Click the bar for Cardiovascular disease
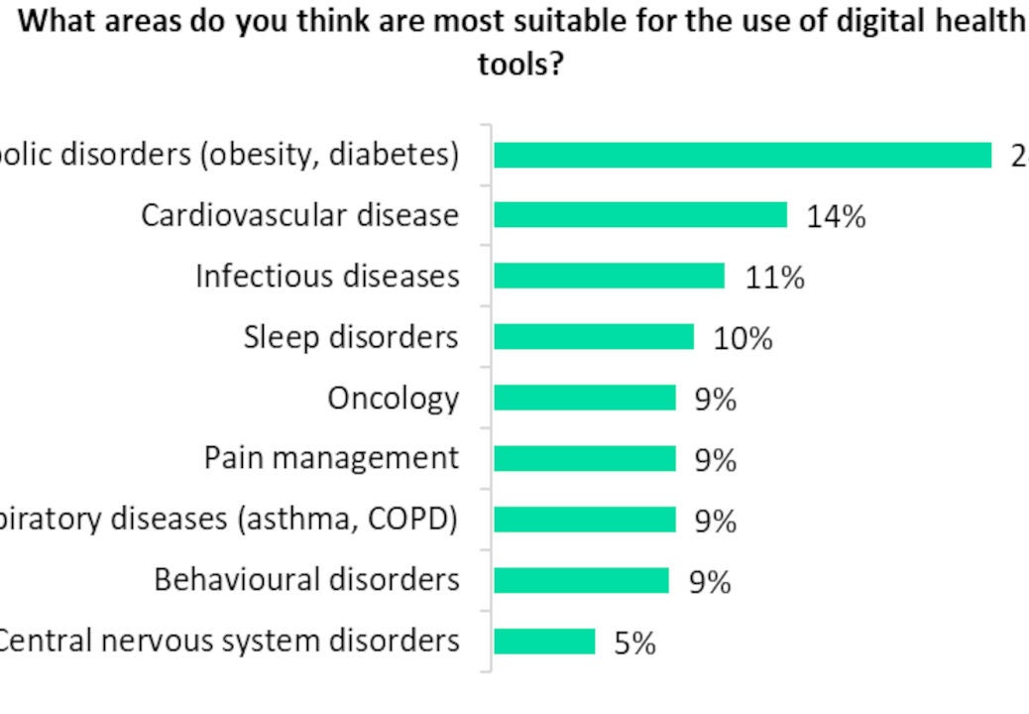(640, 215)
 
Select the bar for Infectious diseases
(609, 276)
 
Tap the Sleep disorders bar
(594, 337)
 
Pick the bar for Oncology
(585, 398)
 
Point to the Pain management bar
(585, 458)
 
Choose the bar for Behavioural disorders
(582, 580)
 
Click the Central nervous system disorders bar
(544, 642)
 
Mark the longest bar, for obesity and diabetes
(743, 155)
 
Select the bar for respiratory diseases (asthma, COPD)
(585, 520)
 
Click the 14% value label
(835, 216)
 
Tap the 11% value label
(774, 278)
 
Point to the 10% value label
(743, 339)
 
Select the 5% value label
(634, 644)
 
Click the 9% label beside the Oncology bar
(715, 400)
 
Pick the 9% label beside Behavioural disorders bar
(710, 582)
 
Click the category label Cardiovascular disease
(299, 215)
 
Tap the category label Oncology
(394, 399)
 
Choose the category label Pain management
(331, 458)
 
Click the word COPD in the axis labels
(419, 519)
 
